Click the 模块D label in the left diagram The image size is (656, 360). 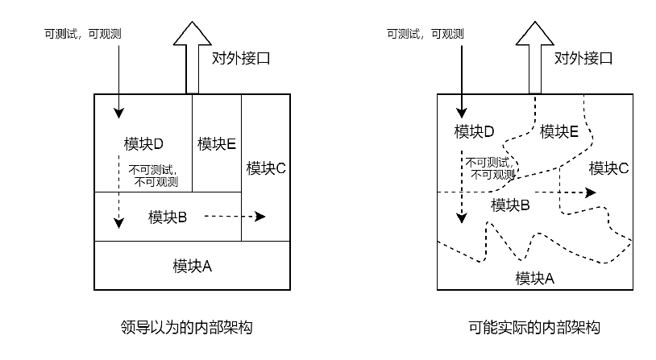click(x=143, y=144)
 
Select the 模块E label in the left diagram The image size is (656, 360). click(x=216, y=144)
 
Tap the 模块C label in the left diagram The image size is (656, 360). click(x=266, y=168)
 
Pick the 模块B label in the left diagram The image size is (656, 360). click(x=168, y=217)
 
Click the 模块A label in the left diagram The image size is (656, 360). click(x=192, y=265)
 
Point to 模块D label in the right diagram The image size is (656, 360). click(x=474, y=131)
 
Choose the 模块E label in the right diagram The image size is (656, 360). click(x=559, y=131)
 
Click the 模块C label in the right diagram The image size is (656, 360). click(x=608, y=168)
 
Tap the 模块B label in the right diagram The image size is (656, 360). click(x=510, y=205)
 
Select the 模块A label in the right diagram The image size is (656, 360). click(x=535, y=279)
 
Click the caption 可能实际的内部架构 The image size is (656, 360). click(x=534, y=329)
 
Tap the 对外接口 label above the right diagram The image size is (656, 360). click(x=583, y=58)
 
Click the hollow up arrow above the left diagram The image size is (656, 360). click(x=192, y=56)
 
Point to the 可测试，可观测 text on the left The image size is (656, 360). click(x=83, y=34)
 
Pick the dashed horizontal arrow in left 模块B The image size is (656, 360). click(x=235, y=217)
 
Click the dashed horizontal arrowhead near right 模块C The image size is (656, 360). click(x=591, y=192)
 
